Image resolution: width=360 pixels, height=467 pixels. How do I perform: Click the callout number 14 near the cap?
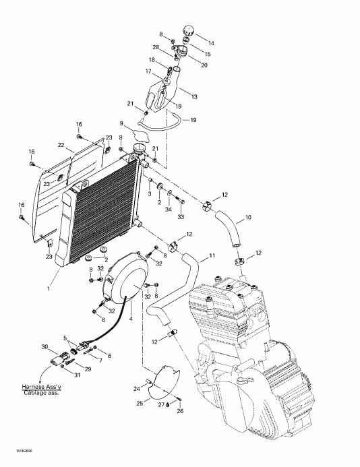coord(211,42)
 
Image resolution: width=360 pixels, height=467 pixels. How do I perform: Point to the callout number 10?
coord(247,218)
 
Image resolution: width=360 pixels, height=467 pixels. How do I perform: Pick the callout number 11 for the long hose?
coord(212,256)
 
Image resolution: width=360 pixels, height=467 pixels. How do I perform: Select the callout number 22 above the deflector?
coord(61,146)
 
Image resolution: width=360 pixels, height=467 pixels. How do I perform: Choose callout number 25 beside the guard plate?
coord(140,402)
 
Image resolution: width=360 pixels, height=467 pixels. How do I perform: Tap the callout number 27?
coord(160,405)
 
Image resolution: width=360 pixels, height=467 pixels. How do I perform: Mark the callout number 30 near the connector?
coord(44,346)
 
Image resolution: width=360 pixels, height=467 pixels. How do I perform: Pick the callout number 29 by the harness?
coord(88,369)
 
